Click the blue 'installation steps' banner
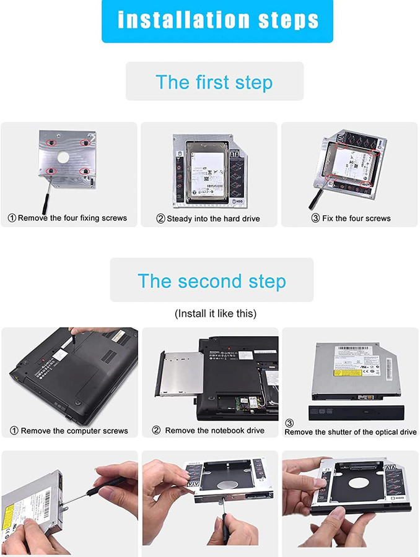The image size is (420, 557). coord(217,20)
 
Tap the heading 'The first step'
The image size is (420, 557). coord(214,82)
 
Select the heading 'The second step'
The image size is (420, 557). coord(212,281)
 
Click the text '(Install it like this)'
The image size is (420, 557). coord(215,313)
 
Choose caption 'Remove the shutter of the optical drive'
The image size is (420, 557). coord(351,432)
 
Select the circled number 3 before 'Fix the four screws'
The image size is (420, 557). coord(315,218)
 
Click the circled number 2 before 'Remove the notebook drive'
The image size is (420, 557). coord(157,430)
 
